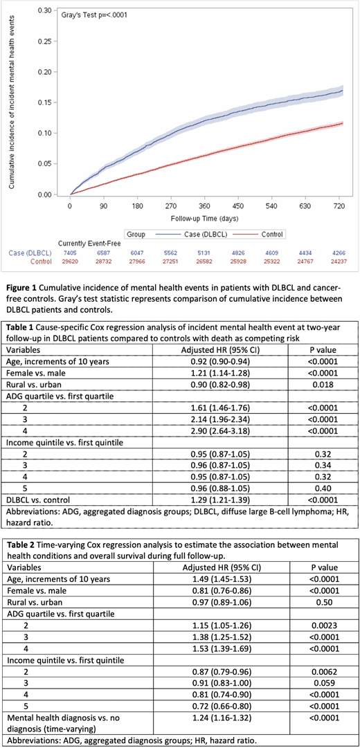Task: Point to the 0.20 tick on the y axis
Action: tap(45, 72)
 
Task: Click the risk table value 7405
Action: tap(70, 253)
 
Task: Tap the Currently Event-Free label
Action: tap(90, 244)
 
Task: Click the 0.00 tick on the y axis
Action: tap(45, 194)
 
